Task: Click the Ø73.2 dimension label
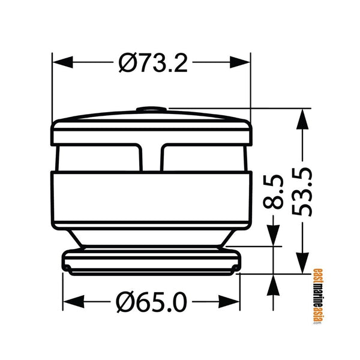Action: point(153,62)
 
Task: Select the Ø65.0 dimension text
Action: point(151,302)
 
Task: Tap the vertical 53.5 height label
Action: point(302,191)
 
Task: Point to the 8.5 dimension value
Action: point(273,192)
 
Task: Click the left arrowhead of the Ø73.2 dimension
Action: point(62,62)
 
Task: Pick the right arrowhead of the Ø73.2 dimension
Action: point(240,62)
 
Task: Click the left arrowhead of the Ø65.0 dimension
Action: point(73,302)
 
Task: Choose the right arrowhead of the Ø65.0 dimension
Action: point(229,302)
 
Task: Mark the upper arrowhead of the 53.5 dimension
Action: point(302,119)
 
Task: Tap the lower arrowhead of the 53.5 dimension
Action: point(302,263)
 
